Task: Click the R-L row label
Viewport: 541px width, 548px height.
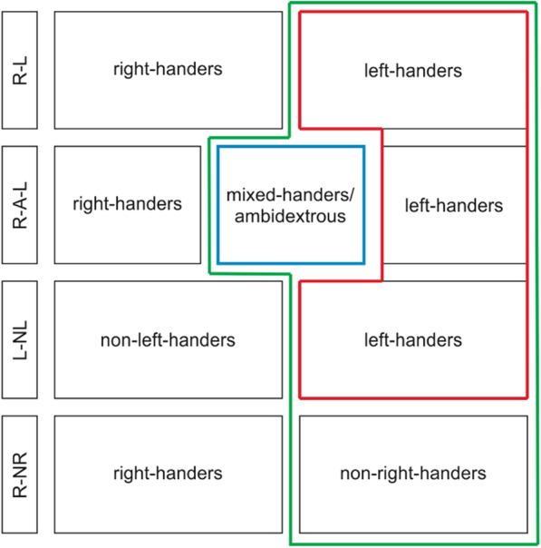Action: pos(20,71)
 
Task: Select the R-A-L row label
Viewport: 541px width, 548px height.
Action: pos(20,205)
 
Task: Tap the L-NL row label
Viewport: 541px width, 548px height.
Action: pos(20,339)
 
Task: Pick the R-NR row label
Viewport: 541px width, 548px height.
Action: pos(20,473)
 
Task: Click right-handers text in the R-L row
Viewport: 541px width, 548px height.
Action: pos(168,69)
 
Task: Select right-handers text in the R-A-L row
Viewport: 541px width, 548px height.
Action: pos(127,205)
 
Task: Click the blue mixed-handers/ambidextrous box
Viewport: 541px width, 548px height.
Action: pos(291,205)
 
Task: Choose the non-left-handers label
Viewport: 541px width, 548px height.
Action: pos(168,340)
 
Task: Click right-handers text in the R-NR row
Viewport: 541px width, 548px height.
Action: pos(168,474)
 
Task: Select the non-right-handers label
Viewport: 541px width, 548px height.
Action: pos(413,474)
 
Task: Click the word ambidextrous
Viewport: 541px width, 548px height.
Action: pos(291,218)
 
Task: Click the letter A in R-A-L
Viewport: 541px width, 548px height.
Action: pos(20,205)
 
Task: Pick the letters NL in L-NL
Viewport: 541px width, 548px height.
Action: pos(20,329)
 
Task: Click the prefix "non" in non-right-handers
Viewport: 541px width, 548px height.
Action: pos(355,474)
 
